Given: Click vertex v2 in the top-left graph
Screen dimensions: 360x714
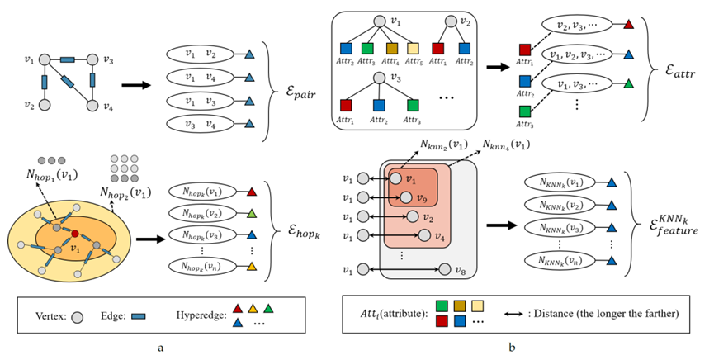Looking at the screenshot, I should pos(46,106).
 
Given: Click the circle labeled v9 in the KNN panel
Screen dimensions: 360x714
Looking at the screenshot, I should pos(404,197).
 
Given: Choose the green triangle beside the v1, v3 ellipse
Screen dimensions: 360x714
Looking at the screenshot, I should pos(629,83).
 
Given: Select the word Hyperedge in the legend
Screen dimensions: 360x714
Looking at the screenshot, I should pos(201,315).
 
